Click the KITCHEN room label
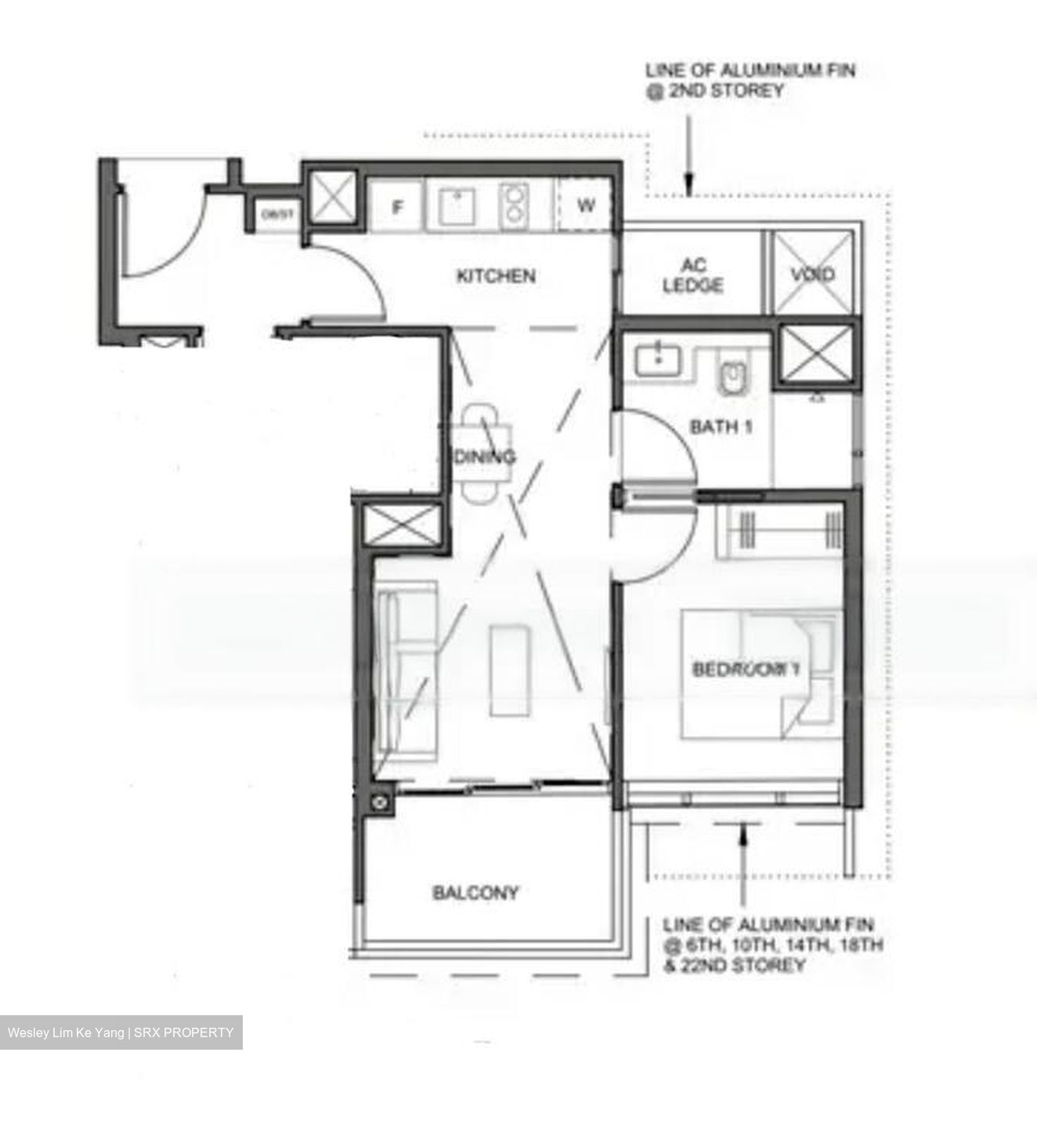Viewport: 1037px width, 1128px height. [496, 277]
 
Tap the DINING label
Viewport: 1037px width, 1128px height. [485, 457]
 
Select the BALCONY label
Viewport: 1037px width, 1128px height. [475, 893]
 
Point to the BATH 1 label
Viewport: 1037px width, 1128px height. [721, 427]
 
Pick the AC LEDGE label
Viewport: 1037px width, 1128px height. [692, 276]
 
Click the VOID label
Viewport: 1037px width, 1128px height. [812, 274]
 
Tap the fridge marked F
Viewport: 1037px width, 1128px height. [397, 208]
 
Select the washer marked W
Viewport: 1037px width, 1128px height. [585, 206]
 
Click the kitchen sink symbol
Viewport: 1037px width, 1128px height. [453, 206]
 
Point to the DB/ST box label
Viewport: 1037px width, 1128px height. [272, 215]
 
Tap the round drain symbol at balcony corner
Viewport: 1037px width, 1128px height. [381, 801]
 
